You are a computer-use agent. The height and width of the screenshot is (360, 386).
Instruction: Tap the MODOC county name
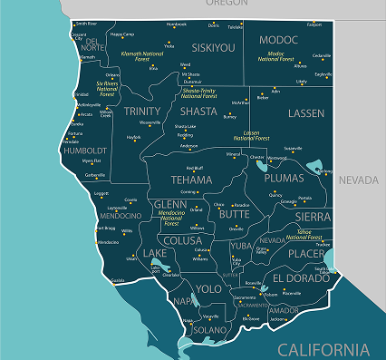click(x=278, y=40)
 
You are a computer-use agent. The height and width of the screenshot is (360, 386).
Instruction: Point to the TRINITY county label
click(x=142, y=111)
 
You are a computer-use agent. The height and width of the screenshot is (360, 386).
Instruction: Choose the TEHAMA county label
click(x=192, y=180)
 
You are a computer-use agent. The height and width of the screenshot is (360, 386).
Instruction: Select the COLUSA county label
click(x=184, y=240)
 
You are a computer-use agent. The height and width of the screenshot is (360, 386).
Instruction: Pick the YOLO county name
click(x=208, y=288)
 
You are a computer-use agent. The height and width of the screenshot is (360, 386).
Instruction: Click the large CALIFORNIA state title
click(x=323, y=349)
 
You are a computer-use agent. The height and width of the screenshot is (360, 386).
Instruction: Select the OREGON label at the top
click(x=226, y=4)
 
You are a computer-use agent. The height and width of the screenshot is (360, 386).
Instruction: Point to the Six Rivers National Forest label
click(x=108, y=88)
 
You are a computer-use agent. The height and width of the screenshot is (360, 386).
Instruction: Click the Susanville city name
click(x=294, y=148)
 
